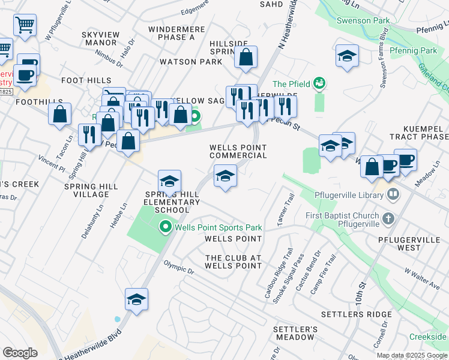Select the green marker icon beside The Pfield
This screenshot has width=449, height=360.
coord(319,83)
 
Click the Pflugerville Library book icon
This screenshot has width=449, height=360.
coord(393,195)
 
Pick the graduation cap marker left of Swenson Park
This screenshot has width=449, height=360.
coord(347,56)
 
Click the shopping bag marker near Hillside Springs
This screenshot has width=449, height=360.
coord(246,58)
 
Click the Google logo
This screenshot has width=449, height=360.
coord(20,353)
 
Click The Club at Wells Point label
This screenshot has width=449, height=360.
coord(234,262)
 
